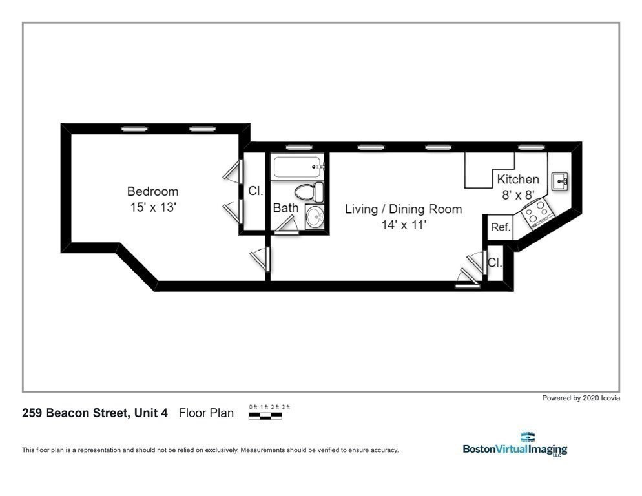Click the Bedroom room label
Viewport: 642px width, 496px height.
click(152, 191)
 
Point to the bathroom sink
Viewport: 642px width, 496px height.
click(315, 217)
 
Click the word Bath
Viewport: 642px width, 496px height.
click(285, 208)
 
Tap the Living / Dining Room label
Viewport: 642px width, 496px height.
click(403, 209)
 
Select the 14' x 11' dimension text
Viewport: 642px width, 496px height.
click(403, 225)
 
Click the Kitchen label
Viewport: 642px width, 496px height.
click(517, 180)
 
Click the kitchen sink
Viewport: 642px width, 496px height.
click(559, 181)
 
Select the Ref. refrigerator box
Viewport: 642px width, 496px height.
click(501, 227)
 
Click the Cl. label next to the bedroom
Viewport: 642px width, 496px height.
click(256, 191)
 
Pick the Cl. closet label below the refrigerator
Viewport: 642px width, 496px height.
click(495, 263)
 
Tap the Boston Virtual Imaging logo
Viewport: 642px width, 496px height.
click(515, 445)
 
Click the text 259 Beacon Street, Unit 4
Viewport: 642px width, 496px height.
click(95, 413)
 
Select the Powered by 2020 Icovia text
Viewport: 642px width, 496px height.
click(581, 398)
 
